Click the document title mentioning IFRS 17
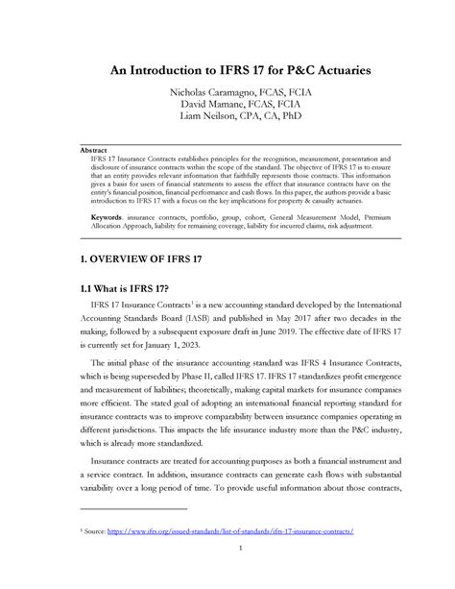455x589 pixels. pyautogui.click(x=227, y=69)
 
